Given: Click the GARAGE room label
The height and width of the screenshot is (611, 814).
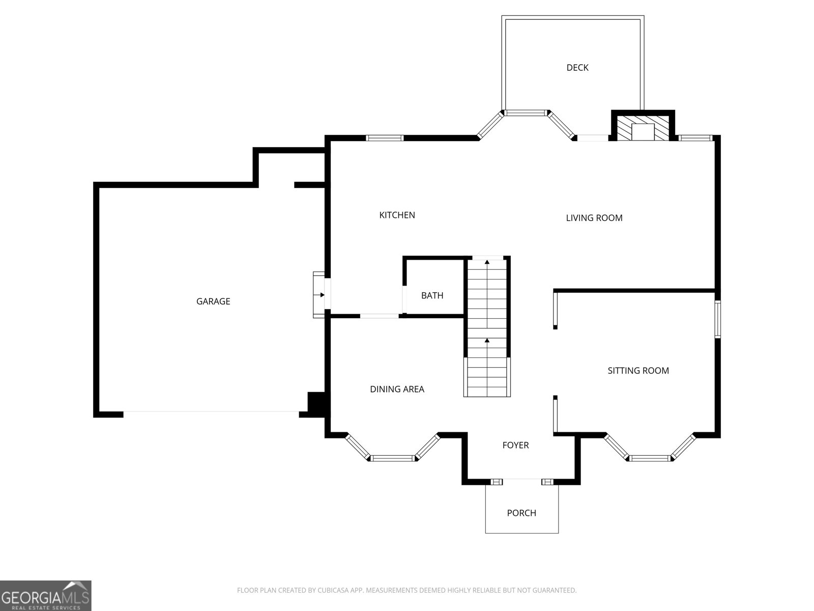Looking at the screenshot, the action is (x=213, y=301).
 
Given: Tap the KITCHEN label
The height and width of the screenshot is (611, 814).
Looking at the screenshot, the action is (x=397, y=215).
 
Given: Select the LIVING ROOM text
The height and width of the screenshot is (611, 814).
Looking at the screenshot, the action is (x=594, y=218).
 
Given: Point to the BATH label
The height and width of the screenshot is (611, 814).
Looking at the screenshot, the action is (x=432, y=295).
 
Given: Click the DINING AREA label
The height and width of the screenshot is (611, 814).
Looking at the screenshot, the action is (x=397, y=389).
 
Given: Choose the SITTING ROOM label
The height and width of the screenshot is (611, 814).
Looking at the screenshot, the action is (x=638, y=371).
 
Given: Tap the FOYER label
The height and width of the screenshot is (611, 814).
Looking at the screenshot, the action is (x=515, y=445).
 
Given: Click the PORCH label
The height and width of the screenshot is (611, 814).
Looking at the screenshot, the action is (x=521, y=513).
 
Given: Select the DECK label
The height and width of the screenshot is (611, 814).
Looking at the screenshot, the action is (x=577, y=68).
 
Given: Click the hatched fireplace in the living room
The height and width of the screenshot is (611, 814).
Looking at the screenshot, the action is (x=643, y=128).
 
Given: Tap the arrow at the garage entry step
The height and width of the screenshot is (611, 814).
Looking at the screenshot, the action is (x=319, y=295).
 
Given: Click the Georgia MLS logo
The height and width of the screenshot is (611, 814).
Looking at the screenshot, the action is (x=46, y=595).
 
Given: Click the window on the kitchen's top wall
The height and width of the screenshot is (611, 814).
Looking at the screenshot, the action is (x=385, y=138).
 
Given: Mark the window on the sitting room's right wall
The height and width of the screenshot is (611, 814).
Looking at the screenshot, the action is (x=717, y=319).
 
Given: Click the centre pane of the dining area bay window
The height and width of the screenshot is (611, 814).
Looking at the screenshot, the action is (x=393, y=458).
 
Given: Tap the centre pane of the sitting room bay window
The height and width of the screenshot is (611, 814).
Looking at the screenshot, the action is (x=650, y=458).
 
